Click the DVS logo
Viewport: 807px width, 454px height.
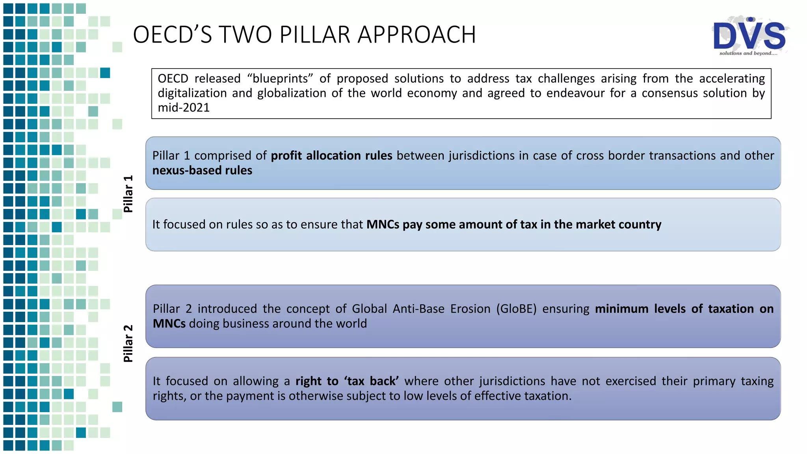tap(749, 35)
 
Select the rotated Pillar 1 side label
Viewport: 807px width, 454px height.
tap(128, 194)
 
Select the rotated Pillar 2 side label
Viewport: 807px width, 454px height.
tap(128, 344)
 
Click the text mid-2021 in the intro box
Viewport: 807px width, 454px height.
tap(184, 108)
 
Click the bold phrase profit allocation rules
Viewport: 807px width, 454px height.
tap(331, 156)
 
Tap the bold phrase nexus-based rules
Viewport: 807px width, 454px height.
tap(202, 170)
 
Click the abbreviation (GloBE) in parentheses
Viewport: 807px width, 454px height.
tap(516, 309)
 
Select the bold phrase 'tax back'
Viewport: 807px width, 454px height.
tap(372, 381)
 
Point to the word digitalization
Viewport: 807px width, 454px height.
tap(192, 93)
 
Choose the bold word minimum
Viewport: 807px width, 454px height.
tap(621, 309)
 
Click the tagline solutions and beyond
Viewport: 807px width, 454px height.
tap(748, 53)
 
